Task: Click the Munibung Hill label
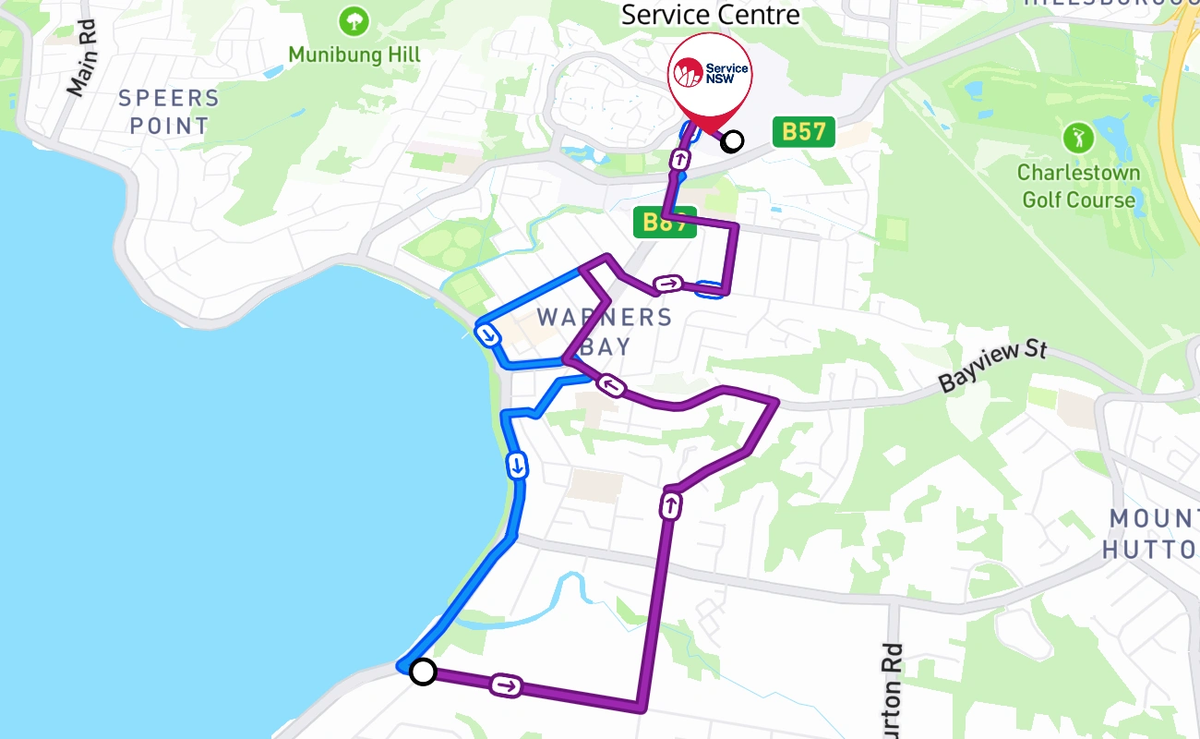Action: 354,55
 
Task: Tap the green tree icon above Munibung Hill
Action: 354,20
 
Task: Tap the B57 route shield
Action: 803,131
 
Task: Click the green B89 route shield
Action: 664,222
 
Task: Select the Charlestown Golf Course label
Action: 1077,186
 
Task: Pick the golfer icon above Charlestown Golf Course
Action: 1077,139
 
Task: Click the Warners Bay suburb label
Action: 605,332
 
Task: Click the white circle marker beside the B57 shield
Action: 732,141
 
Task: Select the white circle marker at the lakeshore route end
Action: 423,672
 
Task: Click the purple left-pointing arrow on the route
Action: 610,385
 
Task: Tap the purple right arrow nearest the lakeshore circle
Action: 506,685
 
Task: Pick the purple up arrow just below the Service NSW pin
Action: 679,159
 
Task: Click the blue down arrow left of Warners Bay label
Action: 486,334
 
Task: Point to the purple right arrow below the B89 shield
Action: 668,284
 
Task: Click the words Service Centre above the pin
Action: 710,15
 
